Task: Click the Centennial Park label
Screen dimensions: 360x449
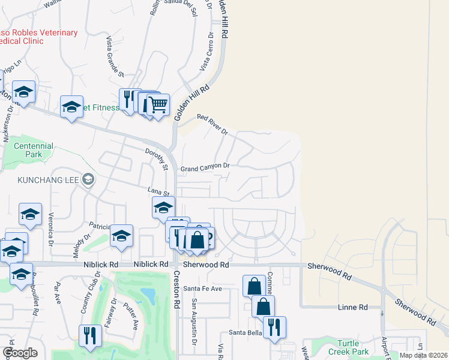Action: click(x=34, y=150)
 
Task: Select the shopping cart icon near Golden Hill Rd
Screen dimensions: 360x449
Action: click(x=158, y=105)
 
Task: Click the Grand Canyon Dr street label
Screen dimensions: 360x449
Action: click(x=205, y=166)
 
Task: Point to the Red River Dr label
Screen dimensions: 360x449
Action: click(x=212, y=124)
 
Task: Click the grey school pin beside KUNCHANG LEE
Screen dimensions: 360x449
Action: click(x=88, y=179)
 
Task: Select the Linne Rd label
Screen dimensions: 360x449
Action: click(x=355, y=307)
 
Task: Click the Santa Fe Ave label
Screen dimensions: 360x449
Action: click(x=203, y=289)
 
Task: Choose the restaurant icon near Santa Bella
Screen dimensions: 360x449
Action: click(x=275, y=326)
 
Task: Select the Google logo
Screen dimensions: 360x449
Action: click(x=20, y=353)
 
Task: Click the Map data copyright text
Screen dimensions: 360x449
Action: click(x=423, y=355)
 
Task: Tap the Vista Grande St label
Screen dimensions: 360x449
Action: click(x=114, y=56)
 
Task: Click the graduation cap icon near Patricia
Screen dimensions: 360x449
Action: click(x=121, y=236)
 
